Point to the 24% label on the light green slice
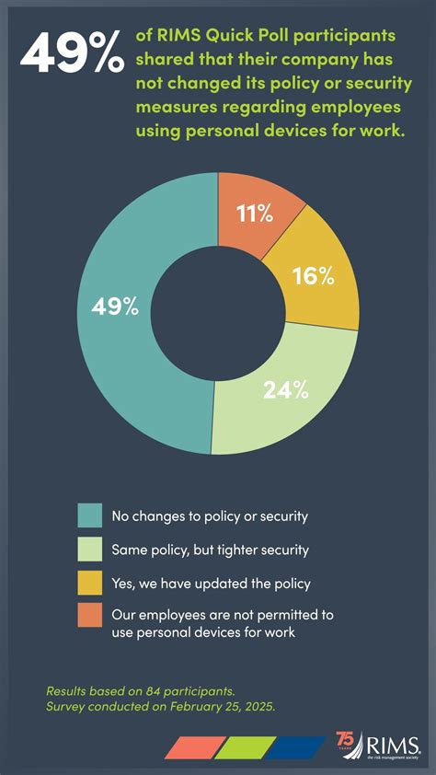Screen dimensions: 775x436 [285, 390]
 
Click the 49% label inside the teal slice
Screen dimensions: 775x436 [115, 307]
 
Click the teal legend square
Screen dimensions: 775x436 [89, 515]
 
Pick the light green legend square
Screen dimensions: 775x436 [89, 550]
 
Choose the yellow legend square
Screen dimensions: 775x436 [89, 584]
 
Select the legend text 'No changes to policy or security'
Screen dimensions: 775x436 [209, 516]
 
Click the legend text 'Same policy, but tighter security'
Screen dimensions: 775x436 [210, 550]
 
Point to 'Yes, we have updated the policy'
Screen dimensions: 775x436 [211, 584]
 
